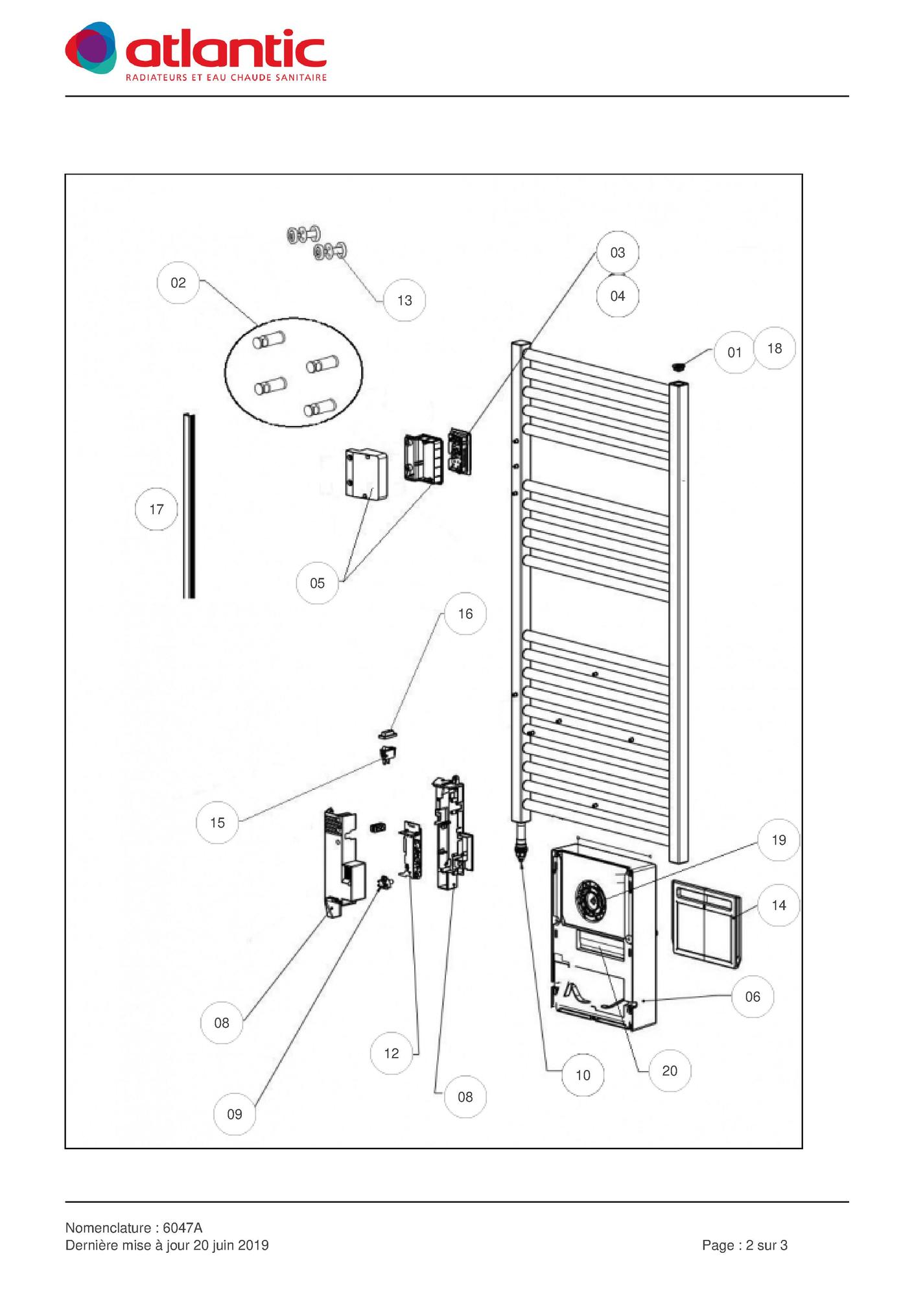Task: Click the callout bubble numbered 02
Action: pyautogui.click(x=178, y=283)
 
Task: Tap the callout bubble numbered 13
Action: pyautogui.click(x=404, y=300)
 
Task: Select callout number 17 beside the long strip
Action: pyautogui.click(x=156, y=510)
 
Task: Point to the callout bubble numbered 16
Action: pyautogui.click(x=465, y=614)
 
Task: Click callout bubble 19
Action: pyautogui.click(x=779, y=840)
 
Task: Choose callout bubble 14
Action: pyautogui.click(x=779, y=905)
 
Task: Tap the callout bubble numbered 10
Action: pyautogui.click(x=583, y=1075)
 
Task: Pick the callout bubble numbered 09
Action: pyautogui.click(x=235, y=1114)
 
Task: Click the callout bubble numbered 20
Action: pyautogui.click(x=670, y=1071)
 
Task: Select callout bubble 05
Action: pyautogui.click(x=317, y=583)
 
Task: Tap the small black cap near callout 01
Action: pyautogui.click(x=678, y=367)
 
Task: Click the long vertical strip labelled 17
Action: pyautogui.click(x=189, y=506)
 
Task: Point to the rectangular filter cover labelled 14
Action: pyautogui.click(x=705, y=923)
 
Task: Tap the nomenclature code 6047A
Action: pyautogui.click(x=183, y=1228)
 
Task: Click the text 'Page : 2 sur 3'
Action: pyautogui.click(x=744, y=1245)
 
